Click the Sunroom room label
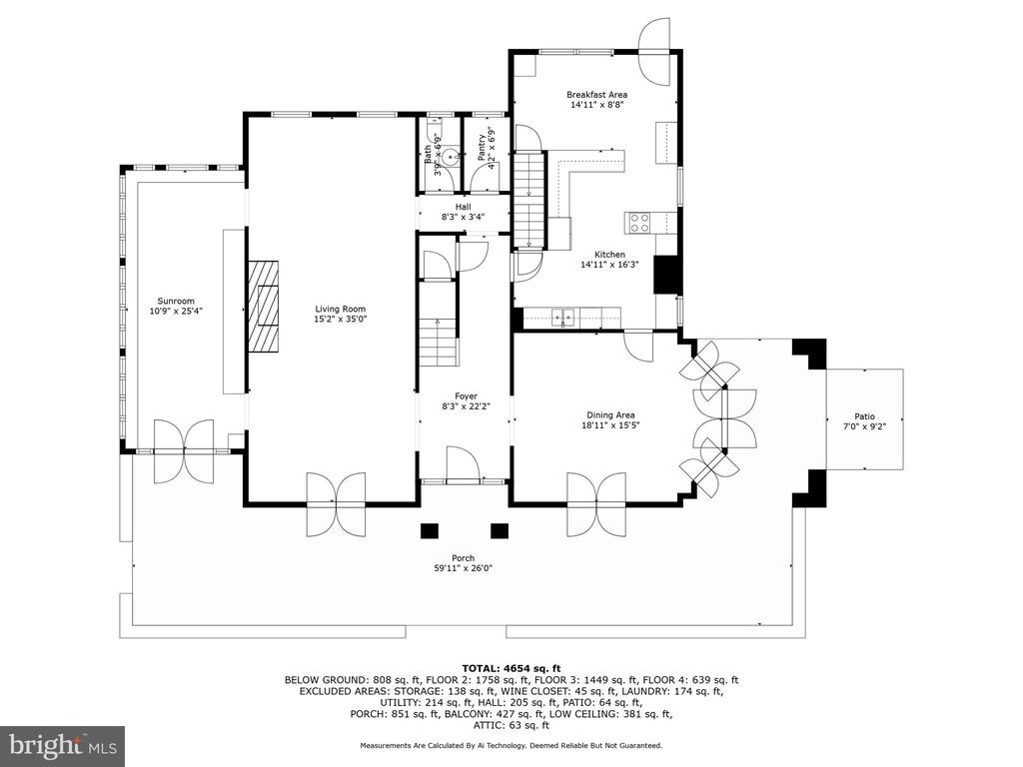[176, 302]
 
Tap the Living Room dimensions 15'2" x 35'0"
[340, 320]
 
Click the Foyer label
[466, 395]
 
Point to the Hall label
[464, 207]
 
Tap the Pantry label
[482, 148]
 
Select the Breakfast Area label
[597, 95]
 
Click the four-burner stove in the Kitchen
[639, 223]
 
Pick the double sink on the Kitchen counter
[563, 317]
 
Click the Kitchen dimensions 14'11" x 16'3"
[609, 265]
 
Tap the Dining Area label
[610, 414]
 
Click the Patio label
[865, 416]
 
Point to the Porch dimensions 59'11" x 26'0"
[464, 568]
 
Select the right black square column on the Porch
[500, 531]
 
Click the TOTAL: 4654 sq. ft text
[511, 668]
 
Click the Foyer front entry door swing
[464, 464]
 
